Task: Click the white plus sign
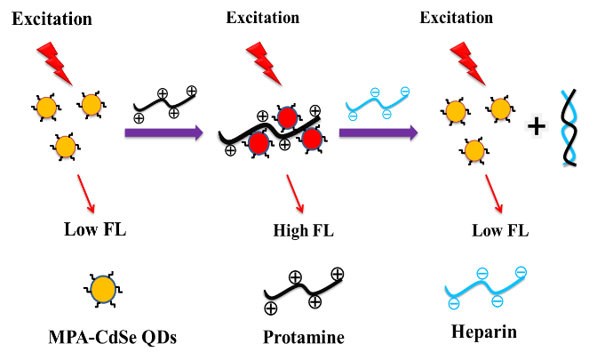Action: [536, 126]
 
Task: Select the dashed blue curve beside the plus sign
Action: [568, 126]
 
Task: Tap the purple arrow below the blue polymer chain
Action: [378, 132]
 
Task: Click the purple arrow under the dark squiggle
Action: [163, 132]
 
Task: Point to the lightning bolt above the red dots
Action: [262, 62]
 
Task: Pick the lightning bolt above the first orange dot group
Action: [53, 62]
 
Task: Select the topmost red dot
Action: [287, 117]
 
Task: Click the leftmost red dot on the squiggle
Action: [259, 143]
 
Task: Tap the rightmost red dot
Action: [312, 139]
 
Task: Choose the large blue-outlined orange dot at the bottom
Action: [103, 289]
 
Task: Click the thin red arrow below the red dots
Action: [295, 193]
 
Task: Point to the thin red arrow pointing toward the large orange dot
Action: [85, 193]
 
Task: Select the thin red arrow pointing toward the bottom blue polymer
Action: [494, 193]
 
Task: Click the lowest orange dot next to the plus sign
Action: [474, 150]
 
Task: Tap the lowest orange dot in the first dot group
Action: [65, 147]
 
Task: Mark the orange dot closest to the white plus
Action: [500, 108]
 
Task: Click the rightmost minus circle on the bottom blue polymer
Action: [521, 272]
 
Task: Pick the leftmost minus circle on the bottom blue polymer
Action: [454, 304]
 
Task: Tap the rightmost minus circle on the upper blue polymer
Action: [405, 92]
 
